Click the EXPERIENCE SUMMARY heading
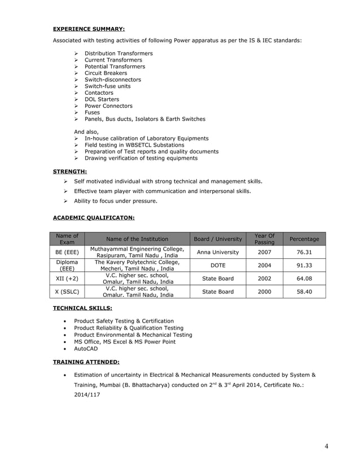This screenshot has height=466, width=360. click(89, 28)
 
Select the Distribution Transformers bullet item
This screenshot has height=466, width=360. click(118, 54)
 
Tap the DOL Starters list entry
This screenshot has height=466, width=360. click(102, 99)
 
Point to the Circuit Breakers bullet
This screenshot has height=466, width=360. click(106, 73)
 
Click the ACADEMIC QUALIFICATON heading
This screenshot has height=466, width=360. click(94, 217)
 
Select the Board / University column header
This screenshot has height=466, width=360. click(217, 239)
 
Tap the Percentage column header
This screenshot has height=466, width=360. click(304, 239)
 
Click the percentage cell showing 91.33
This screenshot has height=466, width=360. click(304, 265)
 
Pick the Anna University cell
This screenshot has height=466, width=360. click(217, 252)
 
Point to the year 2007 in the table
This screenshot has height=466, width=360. click(264, 252)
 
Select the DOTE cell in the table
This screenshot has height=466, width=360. click(217, 265)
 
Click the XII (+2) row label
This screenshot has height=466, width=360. click(67, 279)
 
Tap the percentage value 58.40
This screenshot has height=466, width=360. click(304, 292)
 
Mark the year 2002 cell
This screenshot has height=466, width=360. click(264, 279)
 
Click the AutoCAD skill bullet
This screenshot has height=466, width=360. click(86, 349)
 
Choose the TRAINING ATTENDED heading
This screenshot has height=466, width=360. click(86, 362)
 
